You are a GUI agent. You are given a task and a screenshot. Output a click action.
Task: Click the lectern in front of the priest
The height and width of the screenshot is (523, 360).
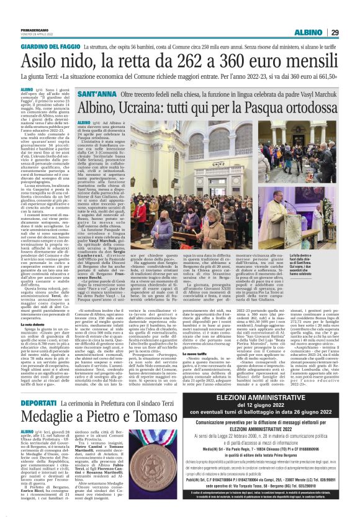(146, 245)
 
